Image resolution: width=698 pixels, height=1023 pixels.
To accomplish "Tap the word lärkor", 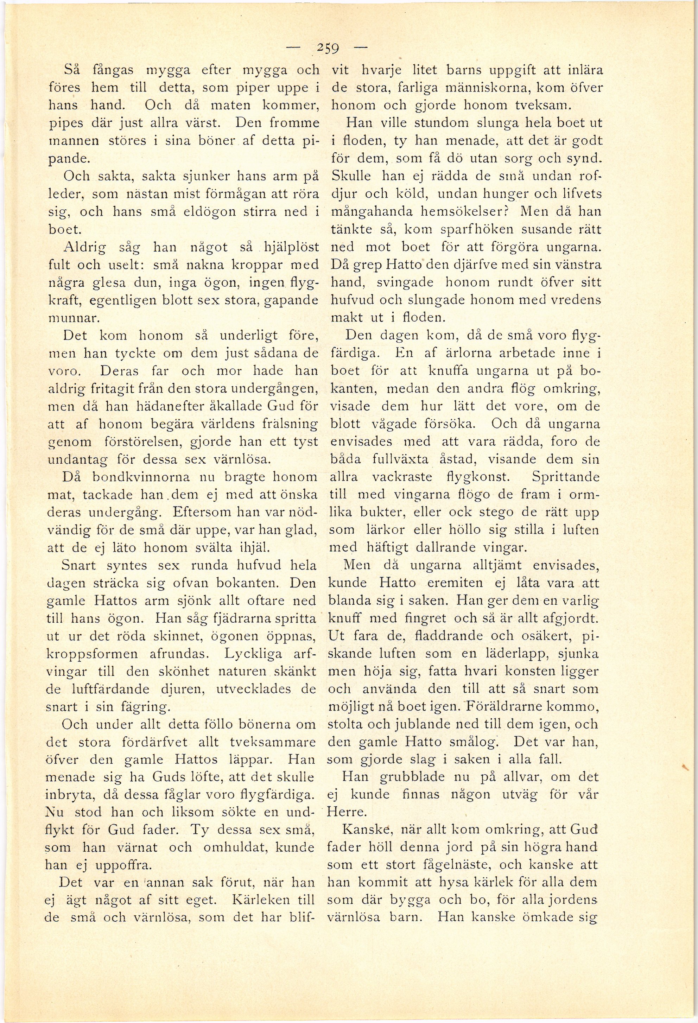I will click(385, 530).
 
